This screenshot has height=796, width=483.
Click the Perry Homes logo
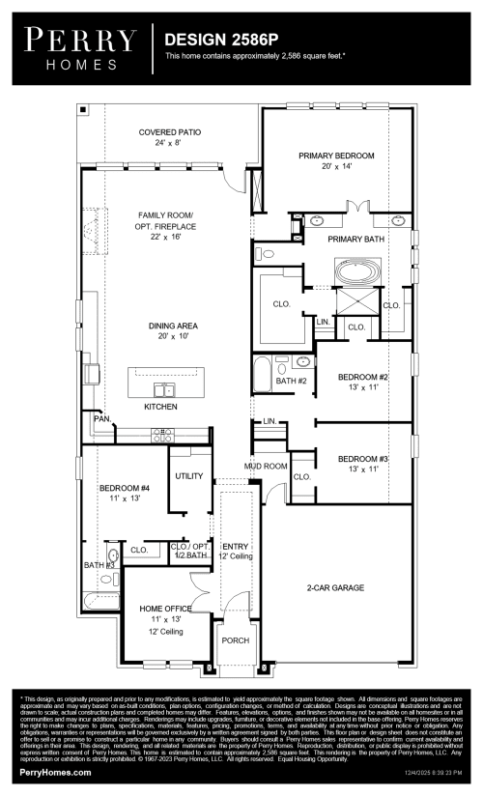(80, 48)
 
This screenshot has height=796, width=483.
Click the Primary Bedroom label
(335, 160)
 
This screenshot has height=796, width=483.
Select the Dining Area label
(165, 331)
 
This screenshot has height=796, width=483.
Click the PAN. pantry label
(100, 418)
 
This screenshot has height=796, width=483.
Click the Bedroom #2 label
(362, 382)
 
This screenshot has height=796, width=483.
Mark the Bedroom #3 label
(362, 463)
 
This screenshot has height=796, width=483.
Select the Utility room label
(189, 475)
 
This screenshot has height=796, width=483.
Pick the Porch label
(235, 640)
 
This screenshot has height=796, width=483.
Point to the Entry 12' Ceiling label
(236, 552)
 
